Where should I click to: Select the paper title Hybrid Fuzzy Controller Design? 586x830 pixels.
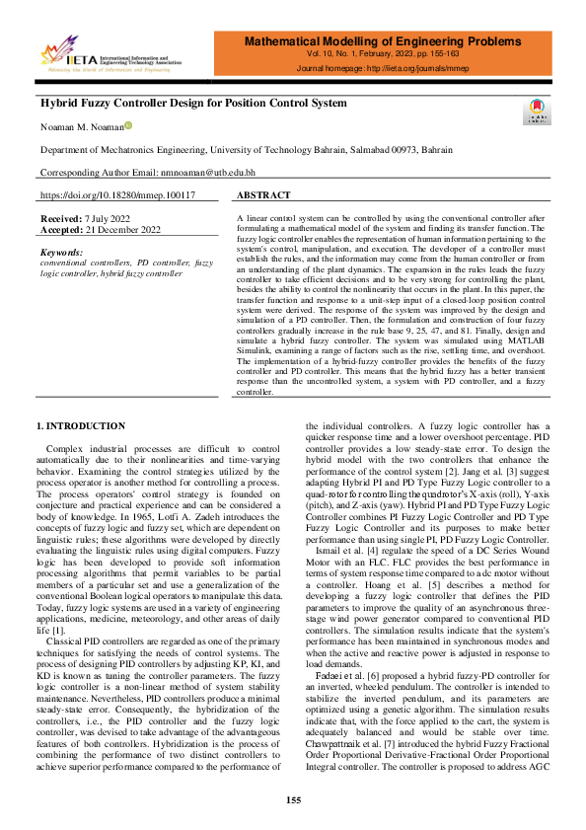[193, 103]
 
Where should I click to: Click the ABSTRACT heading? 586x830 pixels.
[264, 195]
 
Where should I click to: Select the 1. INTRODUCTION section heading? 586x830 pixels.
[82, 425]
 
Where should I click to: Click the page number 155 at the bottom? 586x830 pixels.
[293, 800]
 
